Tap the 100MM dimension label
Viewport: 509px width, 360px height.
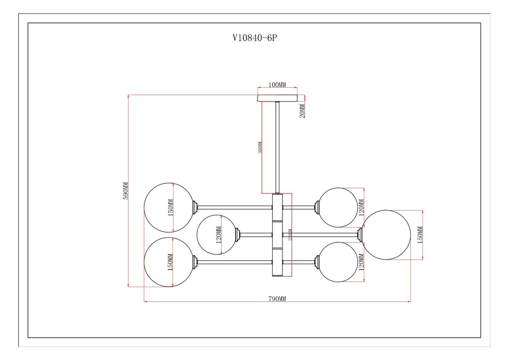pos(277,85)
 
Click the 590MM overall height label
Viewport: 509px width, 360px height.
pos(125,191)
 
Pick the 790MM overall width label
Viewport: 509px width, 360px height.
pos(277,299)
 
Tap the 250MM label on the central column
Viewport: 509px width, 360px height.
pos(290,235)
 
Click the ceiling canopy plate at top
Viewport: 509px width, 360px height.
pos(277,98)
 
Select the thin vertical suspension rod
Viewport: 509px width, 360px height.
pos(277,148)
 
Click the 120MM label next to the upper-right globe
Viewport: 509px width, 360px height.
pos(362,208)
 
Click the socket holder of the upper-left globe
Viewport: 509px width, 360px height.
pos(195,207)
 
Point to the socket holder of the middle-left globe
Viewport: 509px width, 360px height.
pos(238,234)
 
